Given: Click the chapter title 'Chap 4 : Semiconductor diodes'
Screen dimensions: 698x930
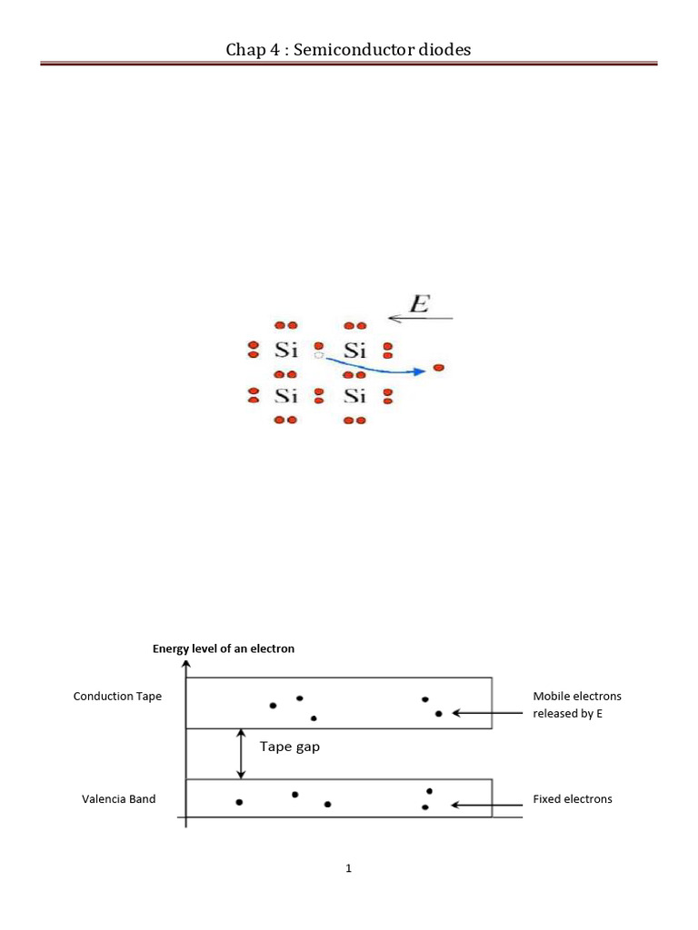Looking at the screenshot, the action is click(x=348, y=49).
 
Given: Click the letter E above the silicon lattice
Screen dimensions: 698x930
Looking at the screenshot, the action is click(x=420, y=303).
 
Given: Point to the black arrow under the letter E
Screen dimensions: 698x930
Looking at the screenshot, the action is click(x=420, y=319).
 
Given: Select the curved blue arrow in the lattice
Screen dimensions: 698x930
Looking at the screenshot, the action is click(x=375, y=367).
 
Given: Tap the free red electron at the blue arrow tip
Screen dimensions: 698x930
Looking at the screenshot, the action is click(x=439, y=368).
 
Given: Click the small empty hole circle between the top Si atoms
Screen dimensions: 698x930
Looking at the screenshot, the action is click(x=319, y=355).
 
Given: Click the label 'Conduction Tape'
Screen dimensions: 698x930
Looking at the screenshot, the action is click(x=117, y=697).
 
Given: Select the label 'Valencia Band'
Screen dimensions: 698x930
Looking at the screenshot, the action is click(x=119, y=799).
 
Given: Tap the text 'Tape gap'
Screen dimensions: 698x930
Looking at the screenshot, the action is click(x=290, y=747).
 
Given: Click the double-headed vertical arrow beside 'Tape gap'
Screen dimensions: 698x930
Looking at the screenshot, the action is click(x=241, y=754).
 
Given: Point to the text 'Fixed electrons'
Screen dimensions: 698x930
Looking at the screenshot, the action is click(x=573, y=799).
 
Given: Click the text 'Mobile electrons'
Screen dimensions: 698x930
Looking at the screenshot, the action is click(x=577, y=697).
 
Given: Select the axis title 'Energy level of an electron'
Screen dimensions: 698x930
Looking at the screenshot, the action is click(x=224, y=648).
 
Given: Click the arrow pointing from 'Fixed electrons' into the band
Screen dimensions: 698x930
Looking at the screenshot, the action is click(x=487, y=805).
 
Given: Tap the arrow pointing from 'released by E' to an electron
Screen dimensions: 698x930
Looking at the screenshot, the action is click(x=487, y=714).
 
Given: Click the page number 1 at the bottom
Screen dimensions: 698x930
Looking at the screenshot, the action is click(x=348, y=868).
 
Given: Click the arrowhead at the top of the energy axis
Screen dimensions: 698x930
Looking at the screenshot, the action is click(x=186, y=664).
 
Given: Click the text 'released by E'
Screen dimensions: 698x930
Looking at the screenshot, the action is click(x=567, y=714).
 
